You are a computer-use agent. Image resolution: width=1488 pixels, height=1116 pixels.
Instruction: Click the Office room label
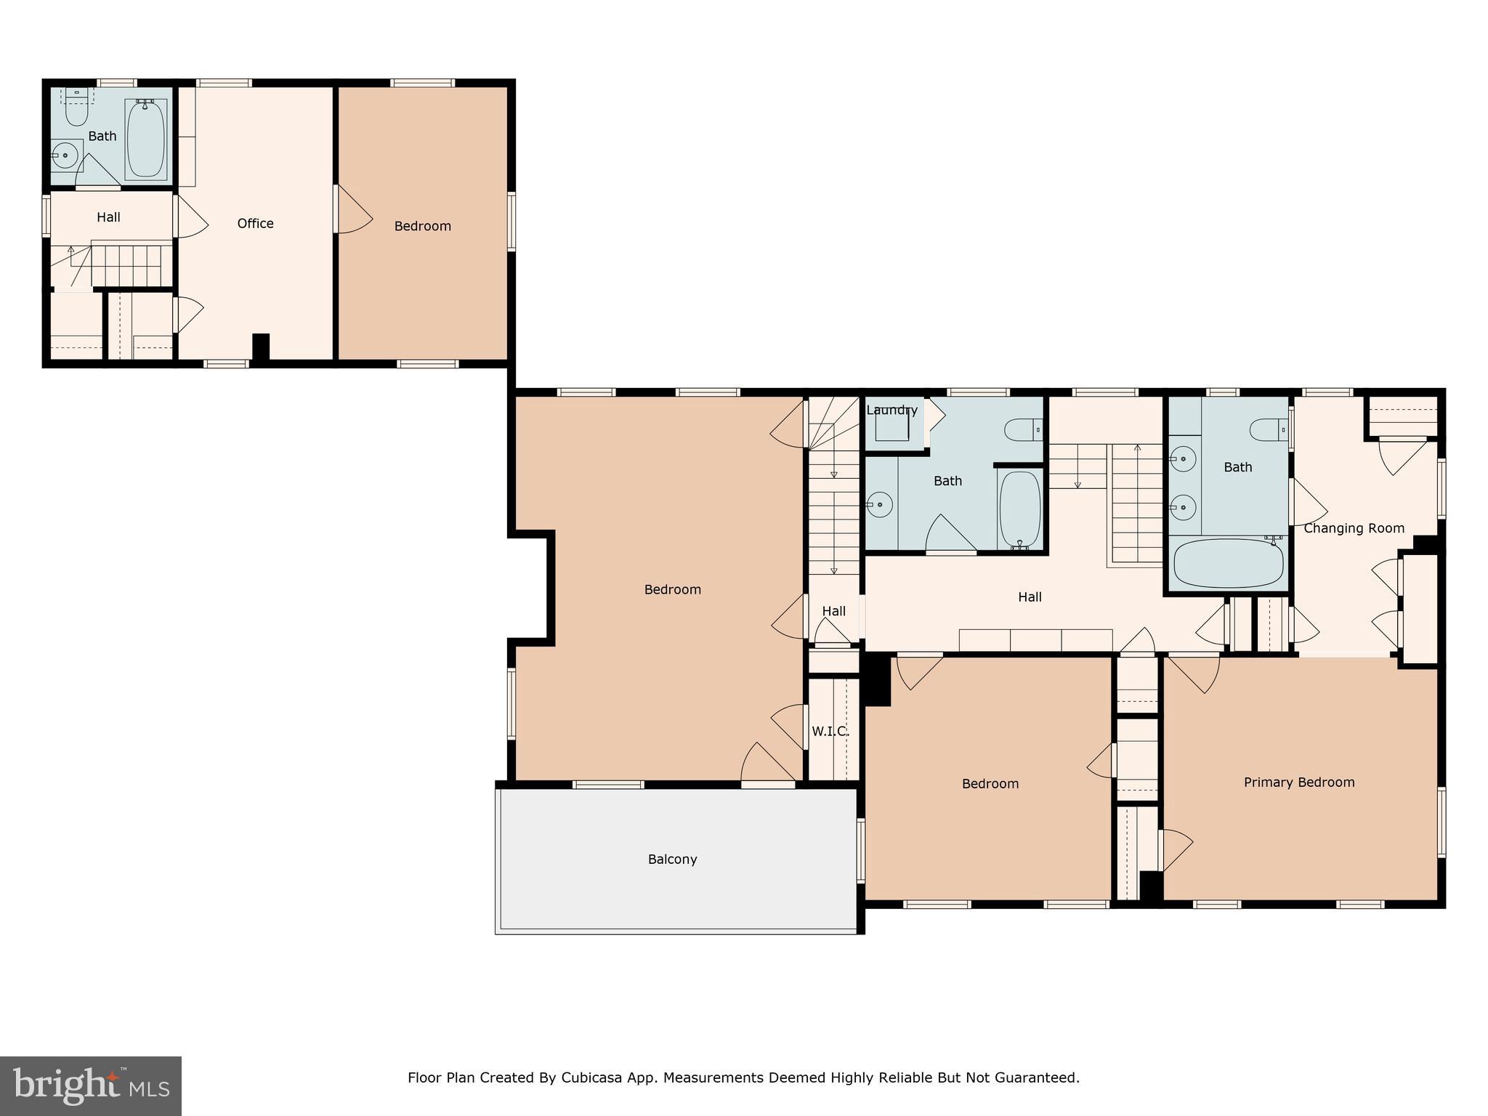(x=255, y=224)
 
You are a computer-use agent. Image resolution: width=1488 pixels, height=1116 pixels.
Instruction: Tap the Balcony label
(x=672, y=860)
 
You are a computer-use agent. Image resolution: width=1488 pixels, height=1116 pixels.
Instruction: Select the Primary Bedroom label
(x=1299, y=783)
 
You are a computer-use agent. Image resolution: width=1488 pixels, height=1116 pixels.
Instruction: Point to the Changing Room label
(x=1354, y=528)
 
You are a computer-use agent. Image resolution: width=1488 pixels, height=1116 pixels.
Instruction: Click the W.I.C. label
(x=830, y=731)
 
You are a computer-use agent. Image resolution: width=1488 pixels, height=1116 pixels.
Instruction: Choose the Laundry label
(x=891, y=410)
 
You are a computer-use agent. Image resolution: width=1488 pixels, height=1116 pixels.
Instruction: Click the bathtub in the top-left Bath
(x=146, y=139)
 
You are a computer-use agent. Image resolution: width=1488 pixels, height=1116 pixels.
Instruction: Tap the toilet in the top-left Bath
(x=76, y=108)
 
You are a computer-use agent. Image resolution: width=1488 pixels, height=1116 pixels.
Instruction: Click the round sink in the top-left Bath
(x=66, y=155)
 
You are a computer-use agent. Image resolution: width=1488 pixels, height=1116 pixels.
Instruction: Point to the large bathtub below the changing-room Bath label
(x=1228, y=562)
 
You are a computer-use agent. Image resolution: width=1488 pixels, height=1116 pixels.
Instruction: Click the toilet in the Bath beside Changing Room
(x=1269, y=430)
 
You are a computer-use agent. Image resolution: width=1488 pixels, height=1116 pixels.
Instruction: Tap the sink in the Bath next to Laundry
(x=879, y=504)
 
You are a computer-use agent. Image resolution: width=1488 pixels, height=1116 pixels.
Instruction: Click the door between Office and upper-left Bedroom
(x=353, y=209)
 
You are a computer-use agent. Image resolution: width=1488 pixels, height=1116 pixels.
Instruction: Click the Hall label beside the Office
(x=108, y=217)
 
